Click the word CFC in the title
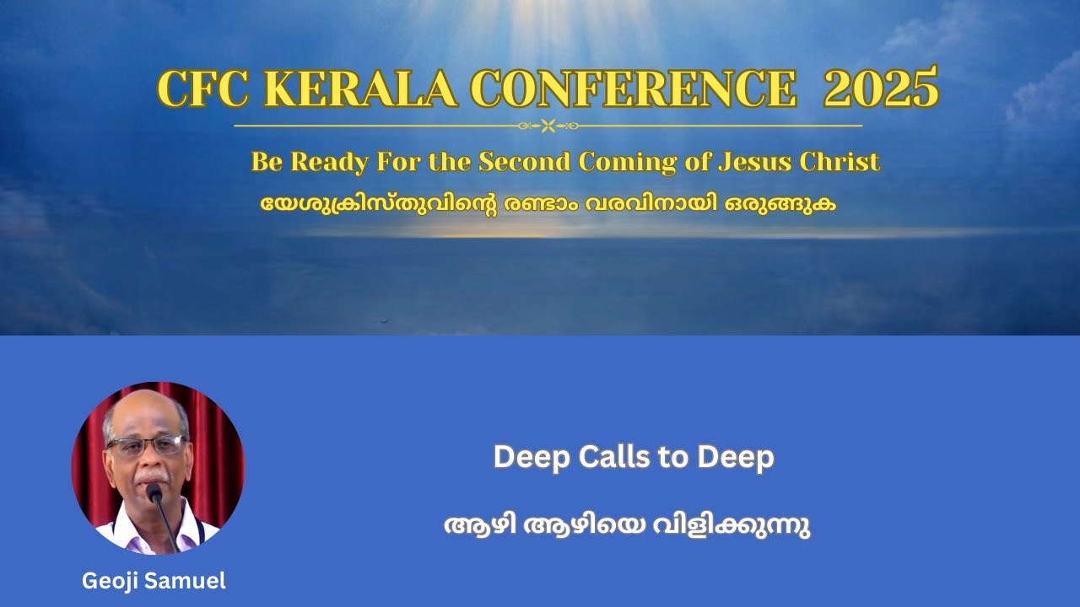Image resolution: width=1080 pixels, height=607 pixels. (x=201, y=89)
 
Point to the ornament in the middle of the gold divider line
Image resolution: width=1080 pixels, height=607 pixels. (x=548, y=126)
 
